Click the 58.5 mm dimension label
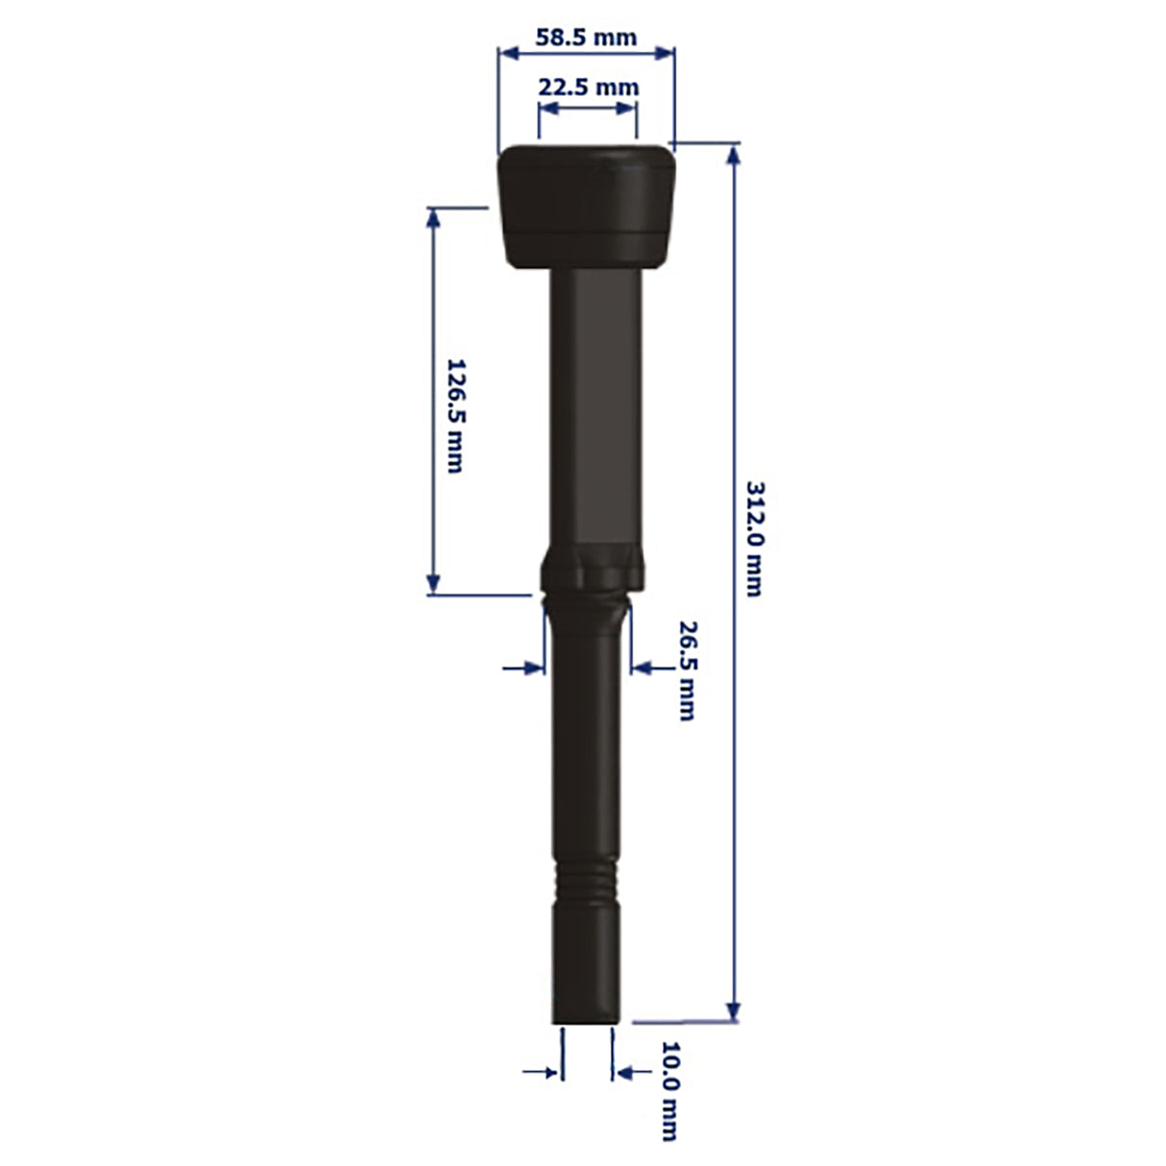(x=586, y=38)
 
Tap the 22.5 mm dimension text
(x=588, y=87)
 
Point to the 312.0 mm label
(x=756, y=538)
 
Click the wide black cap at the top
(x=586, y=206)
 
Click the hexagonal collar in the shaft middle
(x=590, y=571)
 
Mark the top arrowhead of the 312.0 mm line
(x=734, y=154)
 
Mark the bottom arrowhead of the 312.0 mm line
(x=734, y=1012)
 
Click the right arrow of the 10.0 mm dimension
(x=622, y=1071)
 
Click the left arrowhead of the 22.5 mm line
(x=546, y=108)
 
